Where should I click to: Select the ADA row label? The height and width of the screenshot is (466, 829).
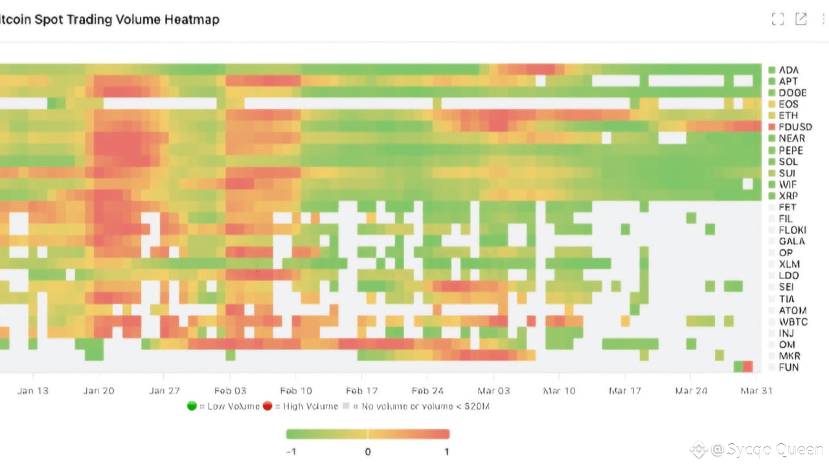[788, 70]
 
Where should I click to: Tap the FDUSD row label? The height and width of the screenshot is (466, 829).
[795, 127]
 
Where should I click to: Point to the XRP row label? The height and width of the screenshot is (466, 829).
[788, 195]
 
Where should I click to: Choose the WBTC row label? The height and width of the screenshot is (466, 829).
[793, 322]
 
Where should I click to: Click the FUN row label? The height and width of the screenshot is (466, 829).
[788, 368]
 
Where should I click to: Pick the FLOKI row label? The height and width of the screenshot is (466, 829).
[792, 230]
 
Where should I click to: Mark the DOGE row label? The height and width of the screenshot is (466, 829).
[792, 93]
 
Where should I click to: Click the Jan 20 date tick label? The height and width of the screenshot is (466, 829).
[98, 391]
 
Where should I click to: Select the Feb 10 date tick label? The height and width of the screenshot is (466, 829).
[296, 391]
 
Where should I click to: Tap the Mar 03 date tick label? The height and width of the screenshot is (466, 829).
[494, 391]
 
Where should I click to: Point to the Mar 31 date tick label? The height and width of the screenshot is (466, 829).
[756, 391]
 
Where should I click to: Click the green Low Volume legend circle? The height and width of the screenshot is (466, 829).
[192, 406]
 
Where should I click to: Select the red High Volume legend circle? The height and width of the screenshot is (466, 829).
[267, 406]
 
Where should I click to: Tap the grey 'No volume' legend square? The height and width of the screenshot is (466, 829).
[346, 406]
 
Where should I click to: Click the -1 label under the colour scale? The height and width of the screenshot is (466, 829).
[291, 452]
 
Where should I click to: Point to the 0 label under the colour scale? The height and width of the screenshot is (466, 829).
[368, 452]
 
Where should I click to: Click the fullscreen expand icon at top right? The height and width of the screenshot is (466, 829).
[778, 19]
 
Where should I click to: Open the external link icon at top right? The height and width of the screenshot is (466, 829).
[801, 19]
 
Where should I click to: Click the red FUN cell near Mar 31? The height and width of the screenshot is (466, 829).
[748, 367]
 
